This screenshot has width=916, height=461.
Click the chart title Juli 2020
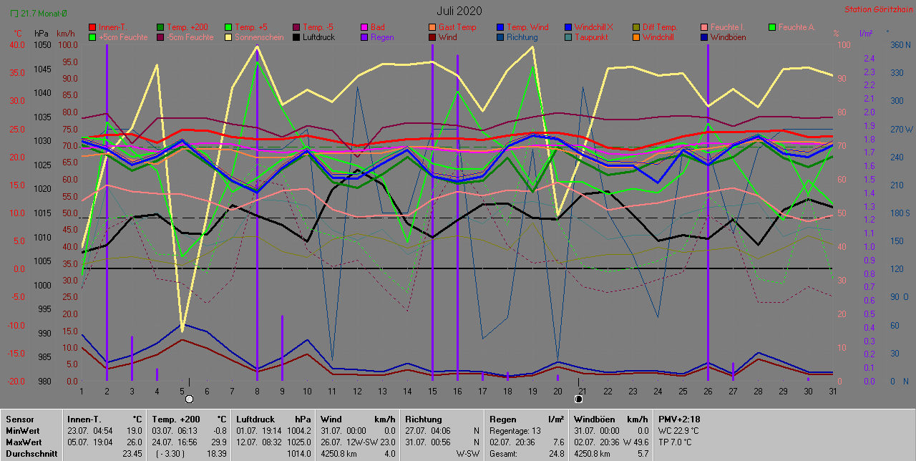coord(459,11)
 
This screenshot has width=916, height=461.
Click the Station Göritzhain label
coord(877,10)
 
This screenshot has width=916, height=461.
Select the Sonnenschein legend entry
coord(255,37)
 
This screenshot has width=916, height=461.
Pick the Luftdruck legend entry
coord(323,37)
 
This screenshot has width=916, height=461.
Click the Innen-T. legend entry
coord(112,27)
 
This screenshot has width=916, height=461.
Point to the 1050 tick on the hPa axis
coord(42,44)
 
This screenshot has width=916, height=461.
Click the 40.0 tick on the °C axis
coord(17,44)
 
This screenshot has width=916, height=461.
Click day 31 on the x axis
coord(830,391)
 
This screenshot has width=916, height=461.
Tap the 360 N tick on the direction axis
coord(900,44)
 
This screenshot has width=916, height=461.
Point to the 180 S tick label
coord(900,213)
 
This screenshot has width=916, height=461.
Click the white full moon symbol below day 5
coord(189,399)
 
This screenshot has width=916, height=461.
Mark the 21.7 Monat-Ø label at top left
coord(44,13)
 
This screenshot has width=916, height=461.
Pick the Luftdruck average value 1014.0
coord(299,453)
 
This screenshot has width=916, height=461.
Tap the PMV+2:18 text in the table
coord(681,419)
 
